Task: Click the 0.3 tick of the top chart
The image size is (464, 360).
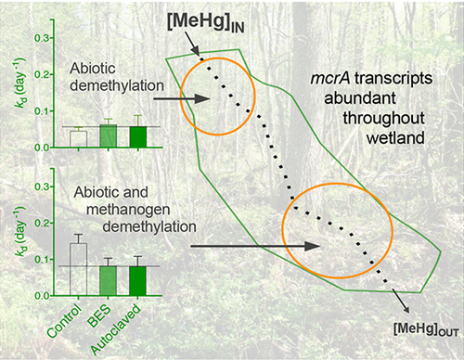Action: [x=41, y=38]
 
